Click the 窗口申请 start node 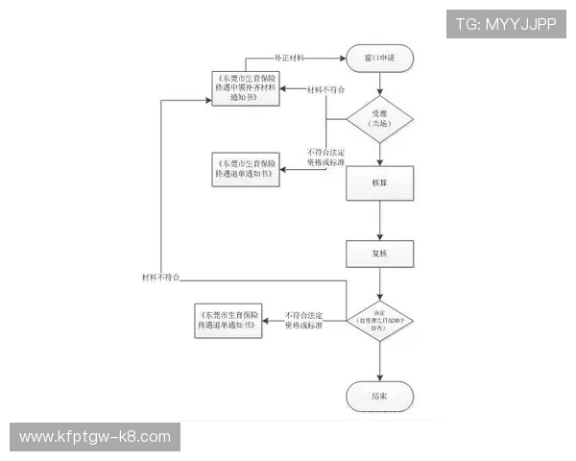coord(380,58)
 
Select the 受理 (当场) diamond coord(380,119)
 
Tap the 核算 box coord(380,183)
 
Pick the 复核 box coord(380,254)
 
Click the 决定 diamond coord(380,315)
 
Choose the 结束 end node coord(380,396)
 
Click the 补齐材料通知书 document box coord(252,88)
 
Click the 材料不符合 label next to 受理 coord(326,89)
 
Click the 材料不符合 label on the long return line coord(159,277)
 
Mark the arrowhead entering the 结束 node coord(380,376)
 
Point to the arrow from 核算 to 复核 coord(380,221)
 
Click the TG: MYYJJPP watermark coord(506,23)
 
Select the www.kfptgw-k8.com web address coord(95,437)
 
